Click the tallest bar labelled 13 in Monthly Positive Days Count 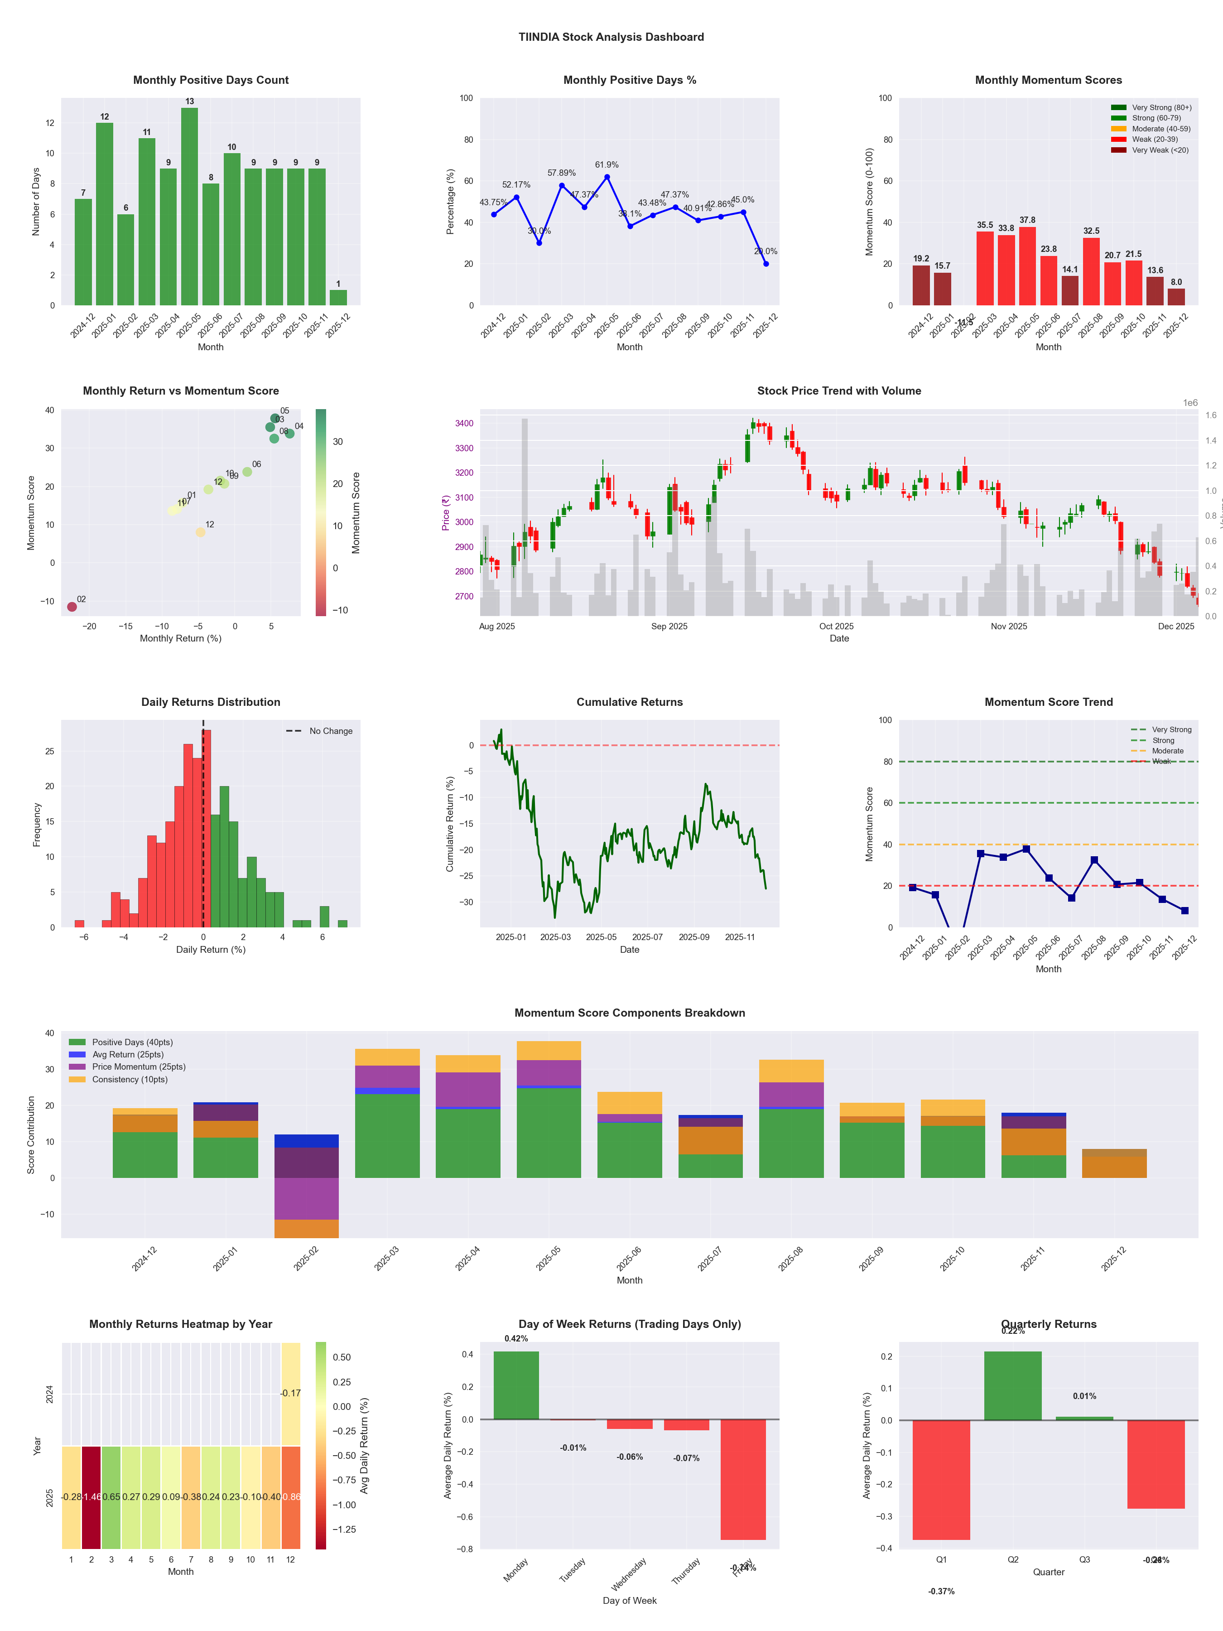(x=189, y=207)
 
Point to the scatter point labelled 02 (x=72, y=607)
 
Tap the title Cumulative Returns (x=630, y=702)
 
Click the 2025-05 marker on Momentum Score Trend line (x=1026, y=849)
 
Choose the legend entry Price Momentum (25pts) (x=139, y=1067)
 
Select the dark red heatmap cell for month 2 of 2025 (x=91, y=1497)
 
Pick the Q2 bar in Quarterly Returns (x=1013, y=1386)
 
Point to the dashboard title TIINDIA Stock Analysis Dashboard (x=611, y=37)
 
